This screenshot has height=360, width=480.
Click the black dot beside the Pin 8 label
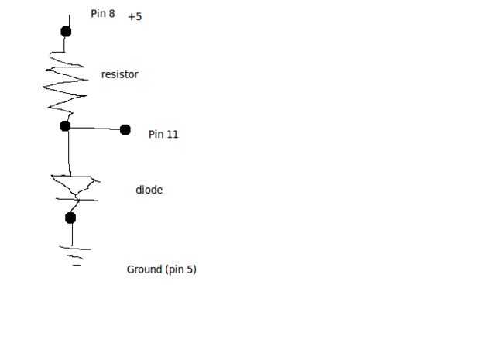coord(66,31)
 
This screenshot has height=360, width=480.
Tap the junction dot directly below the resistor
coord(65,125)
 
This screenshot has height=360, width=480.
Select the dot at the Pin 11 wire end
coord(125,129)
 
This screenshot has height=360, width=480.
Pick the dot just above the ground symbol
coord(70,218)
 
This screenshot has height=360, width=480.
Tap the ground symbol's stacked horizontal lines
coord(76,255)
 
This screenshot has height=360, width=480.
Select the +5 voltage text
coord(135,15)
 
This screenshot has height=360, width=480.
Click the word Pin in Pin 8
coord(98,13)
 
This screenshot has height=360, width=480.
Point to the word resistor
coord(119,74)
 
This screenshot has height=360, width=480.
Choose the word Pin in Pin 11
coord(156,134)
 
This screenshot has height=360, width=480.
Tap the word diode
coord(149,190)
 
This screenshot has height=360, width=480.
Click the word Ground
coord(144,269)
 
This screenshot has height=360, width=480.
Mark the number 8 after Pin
coord(112,13)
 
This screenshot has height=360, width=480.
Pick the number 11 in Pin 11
coord(173,134)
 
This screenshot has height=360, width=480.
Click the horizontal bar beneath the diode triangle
coord(75,200)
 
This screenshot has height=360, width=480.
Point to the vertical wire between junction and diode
coord(69,151)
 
